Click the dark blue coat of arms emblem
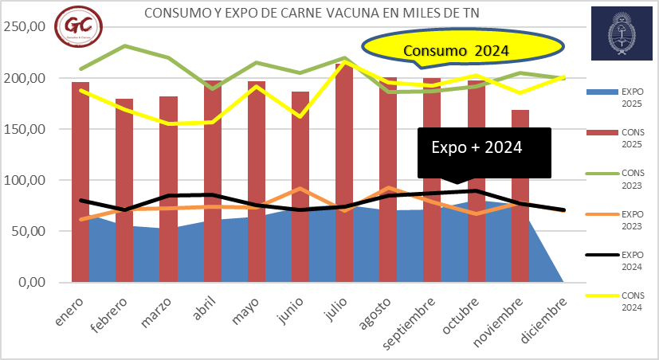point(622,32)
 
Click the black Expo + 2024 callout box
point(484,149)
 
